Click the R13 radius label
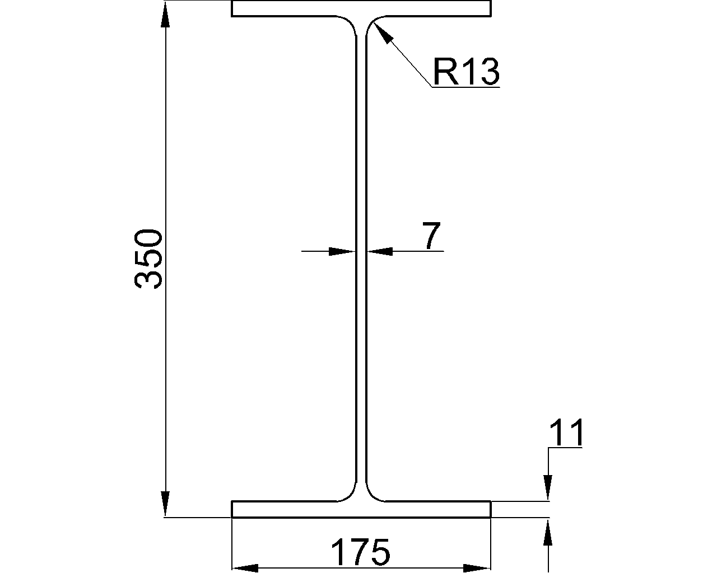point(465,72)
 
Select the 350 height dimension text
point(149,259)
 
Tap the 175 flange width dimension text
point(360,553)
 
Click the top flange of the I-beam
point(361,9)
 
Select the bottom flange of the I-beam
point(361,509)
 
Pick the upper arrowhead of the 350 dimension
point(165,15)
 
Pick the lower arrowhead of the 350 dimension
point(165,504)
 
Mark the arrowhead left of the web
point(342,252)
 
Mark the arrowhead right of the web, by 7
point(380,252)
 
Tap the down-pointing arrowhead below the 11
point(548,486)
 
